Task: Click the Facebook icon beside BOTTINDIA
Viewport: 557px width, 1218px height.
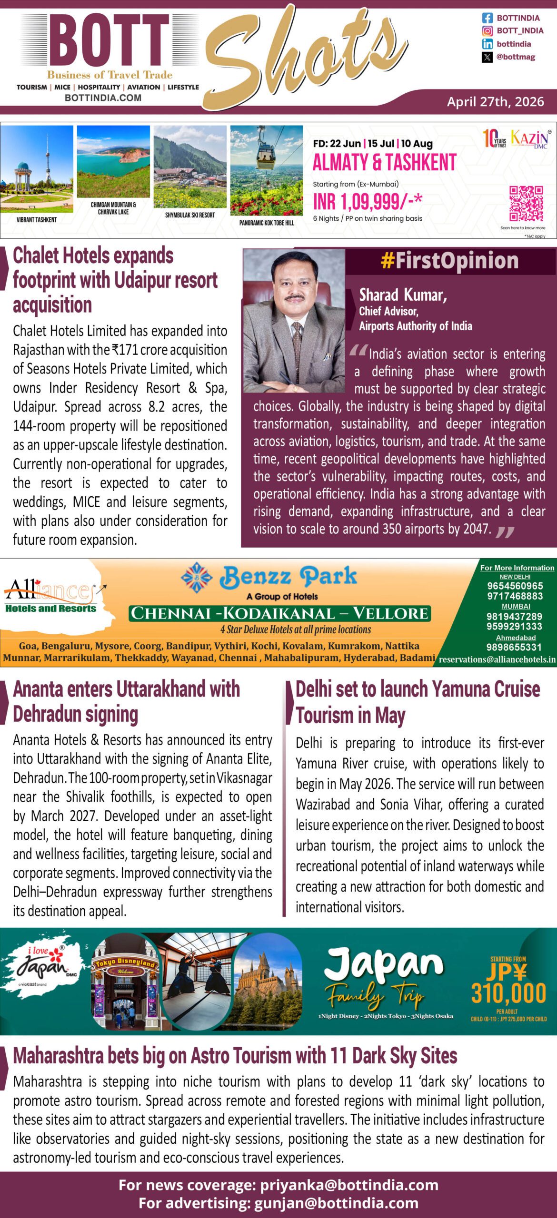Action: coord(487,18)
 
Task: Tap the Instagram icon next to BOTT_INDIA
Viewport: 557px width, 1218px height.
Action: coord(487,31)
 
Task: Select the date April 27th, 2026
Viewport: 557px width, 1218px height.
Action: coord(495,102)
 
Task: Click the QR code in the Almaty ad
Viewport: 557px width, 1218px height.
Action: coord(526,204)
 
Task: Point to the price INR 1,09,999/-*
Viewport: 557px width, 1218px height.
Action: coord(367,202)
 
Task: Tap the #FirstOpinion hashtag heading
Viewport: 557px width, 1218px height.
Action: coord(449,261)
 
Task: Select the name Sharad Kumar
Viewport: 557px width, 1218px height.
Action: coord(403,295)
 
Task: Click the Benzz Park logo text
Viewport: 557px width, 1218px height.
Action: coord(288,577)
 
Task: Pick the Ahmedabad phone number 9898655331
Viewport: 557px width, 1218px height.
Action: coord(514,647)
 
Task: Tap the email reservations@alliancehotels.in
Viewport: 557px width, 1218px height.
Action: coord(497,659)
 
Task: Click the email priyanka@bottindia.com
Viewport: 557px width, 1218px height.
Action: coord(349,1185)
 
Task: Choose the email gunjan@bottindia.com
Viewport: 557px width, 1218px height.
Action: coord(336,1203)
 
